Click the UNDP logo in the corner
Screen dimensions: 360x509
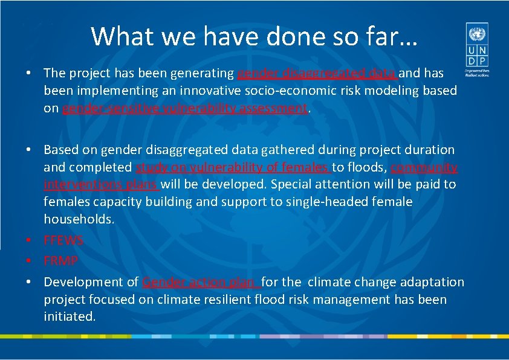[477, 48]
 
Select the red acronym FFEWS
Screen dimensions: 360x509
[63, 240]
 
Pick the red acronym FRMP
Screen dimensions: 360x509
[60, 261]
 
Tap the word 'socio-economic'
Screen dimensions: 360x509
[267, 91]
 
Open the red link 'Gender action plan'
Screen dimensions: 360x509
[201, 282]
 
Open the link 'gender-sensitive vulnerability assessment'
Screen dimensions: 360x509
[185, 109]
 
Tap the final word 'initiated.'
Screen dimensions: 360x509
[70, 317]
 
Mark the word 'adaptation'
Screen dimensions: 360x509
[435, 282]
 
